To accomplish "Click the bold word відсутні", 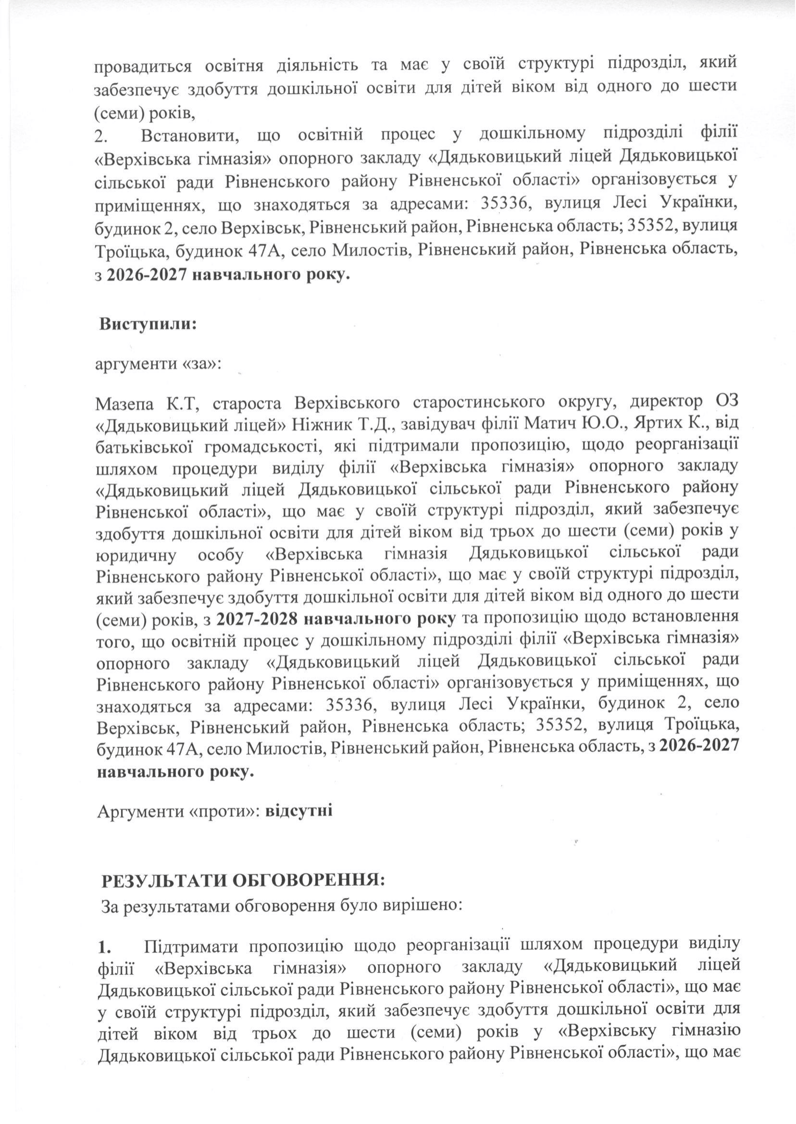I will click(x=299, y=811).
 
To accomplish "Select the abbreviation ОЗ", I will click(x=724, y=404).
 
